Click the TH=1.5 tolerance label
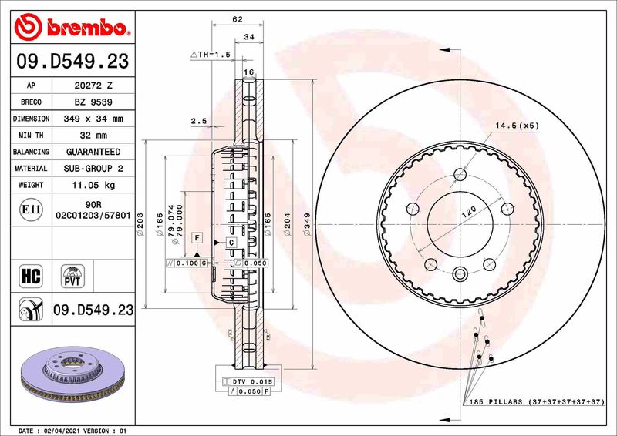click(211, 55)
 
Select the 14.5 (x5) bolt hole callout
click(517, 125)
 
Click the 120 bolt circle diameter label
click(467, 213)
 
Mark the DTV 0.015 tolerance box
click(246, 382)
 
